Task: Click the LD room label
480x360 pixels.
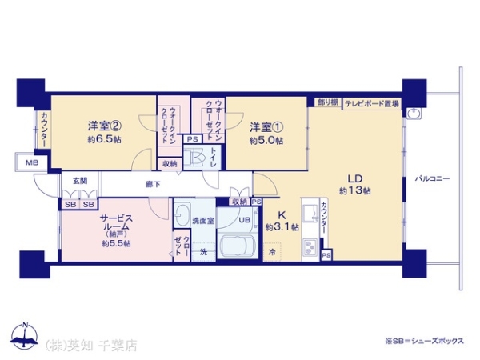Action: (352, 178)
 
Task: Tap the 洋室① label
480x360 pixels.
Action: (266, 127)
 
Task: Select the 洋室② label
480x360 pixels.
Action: (105, 126)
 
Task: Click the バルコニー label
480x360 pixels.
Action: (434, 178)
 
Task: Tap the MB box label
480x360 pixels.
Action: (30, 163)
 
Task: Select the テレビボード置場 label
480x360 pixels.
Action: (371, 104)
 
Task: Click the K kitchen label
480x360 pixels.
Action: (282, 214)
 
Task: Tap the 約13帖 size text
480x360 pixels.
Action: (354, 191)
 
